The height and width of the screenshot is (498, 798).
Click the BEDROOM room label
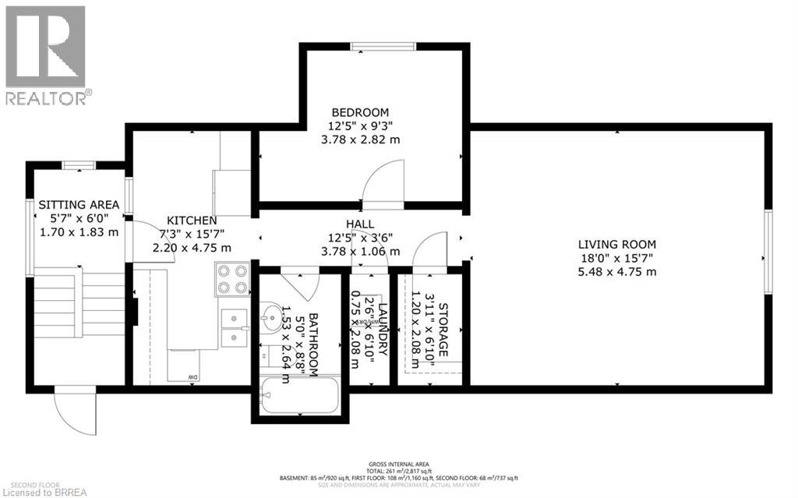(359, 112)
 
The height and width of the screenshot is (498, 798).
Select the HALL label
(359, 224)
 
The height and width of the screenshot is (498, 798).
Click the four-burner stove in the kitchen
(231, 279)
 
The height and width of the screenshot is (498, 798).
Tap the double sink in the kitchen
(233, 327)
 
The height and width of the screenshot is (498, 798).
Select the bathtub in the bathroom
(299, 397)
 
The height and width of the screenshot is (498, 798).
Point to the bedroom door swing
(383, 181)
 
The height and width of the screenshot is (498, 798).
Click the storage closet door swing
(429, 251)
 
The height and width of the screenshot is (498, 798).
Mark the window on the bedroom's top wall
(381, 48)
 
